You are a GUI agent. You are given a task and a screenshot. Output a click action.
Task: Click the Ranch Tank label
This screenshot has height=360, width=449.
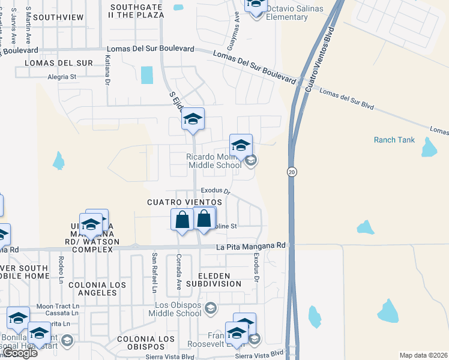[x=394, y=140]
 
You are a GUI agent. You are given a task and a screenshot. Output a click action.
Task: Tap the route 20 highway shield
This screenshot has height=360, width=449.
[x=291, y=172]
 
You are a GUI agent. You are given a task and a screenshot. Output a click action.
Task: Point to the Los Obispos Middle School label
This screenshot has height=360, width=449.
[x=175, y=309]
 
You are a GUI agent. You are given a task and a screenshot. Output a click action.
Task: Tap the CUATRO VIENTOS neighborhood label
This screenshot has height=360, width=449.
[x=180, y=203]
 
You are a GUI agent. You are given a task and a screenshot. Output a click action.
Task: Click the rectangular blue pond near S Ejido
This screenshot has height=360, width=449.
[x=146, y=75]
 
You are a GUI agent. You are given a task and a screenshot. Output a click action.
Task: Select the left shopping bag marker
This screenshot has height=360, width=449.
[x=182, y=220]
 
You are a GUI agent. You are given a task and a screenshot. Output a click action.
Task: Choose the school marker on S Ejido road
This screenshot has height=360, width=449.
[x=193, y=119]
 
